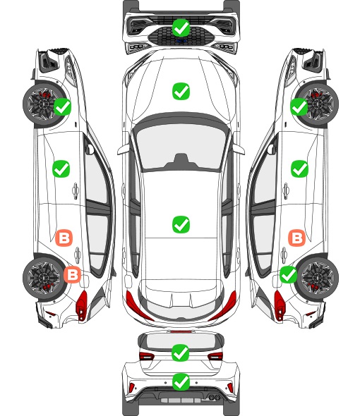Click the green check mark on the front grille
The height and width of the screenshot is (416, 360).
coord(181,27)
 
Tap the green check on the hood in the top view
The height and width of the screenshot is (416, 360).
coord(181,91)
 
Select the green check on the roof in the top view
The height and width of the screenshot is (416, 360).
coord(181,224)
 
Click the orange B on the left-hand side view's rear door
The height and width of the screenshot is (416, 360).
coord(64,238)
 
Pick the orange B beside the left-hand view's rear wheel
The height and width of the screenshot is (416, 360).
coord(72,274)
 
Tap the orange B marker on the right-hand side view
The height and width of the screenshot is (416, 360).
coord(296,238)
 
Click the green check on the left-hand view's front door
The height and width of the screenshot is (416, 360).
coord(61,169)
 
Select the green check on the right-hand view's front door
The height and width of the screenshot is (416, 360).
coord(300,169)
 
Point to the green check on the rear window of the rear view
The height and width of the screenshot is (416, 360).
coord(181,353)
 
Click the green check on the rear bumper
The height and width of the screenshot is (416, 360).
coord(181,382)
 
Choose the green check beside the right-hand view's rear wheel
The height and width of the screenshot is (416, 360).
coord(289,274)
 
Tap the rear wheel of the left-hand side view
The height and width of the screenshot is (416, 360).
coord(42,278)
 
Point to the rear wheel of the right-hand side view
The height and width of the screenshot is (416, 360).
coord(318,278)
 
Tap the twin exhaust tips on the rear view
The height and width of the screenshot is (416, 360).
coord(214,398)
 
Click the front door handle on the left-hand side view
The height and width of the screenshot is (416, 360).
coord(76,190)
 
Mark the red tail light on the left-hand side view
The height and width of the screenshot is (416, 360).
coord(82,305)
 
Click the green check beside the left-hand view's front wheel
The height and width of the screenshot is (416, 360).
coord(62,106)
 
